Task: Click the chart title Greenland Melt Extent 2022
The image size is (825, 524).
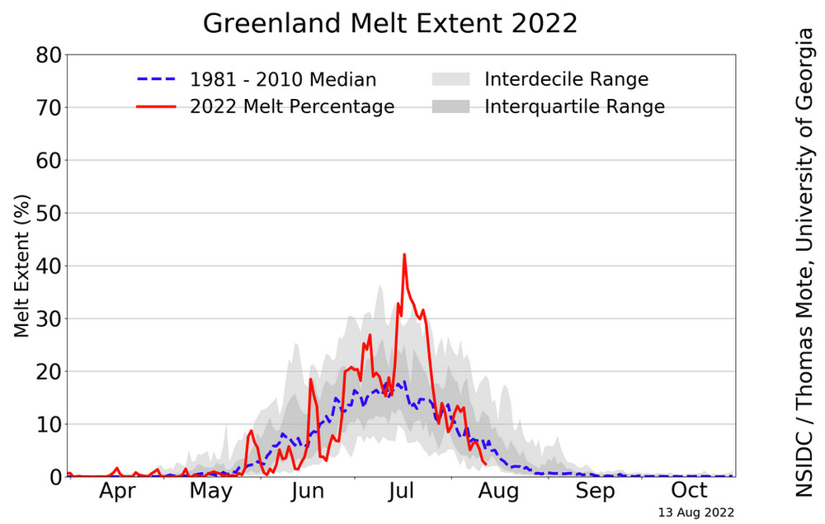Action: (390, 23)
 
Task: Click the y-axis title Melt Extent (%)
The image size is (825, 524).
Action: (22, 266)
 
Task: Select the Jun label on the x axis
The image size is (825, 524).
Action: (307, 491)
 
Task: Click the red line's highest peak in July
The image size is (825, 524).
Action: (404, 254)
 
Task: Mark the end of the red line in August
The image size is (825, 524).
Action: (485, 463)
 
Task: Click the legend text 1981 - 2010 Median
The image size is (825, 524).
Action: (283, 80)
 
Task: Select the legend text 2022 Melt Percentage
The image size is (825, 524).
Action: (292, 106)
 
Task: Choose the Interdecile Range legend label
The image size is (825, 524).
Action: (566, 80)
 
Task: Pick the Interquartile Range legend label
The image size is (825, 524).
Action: (574, 106)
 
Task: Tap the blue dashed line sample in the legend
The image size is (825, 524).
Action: (157, 80)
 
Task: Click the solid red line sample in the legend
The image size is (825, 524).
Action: (157, 106)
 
